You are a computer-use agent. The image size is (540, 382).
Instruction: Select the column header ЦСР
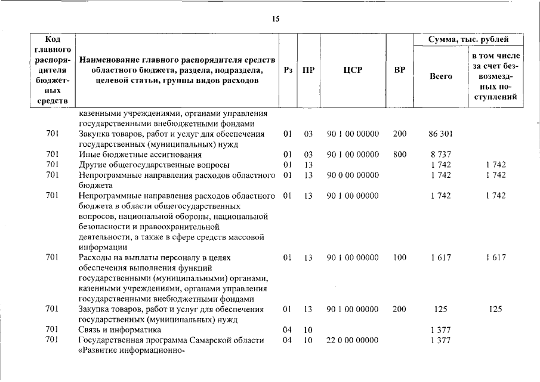coord(353,69)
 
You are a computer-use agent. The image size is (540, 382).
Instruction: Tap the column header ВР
coord(400,69)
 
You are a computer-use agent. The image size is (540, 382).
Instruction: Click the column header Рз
coord(288,69)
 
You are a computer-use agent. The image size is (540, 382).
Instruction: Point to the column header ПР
coord(308,69)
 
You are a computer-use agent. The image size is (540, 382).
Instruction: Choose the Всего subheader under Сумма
coord(441,76)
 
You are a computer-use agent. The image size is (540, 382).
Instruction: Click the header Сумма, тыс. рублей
coord(469,39)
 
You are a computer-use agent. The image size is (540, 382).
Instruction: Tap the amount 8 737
coord(441,154)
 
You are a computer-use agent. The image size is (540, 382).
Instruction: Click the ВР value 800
coord(400,154)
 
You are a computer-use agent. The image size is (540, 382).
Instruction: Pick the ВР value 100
coord(400,257)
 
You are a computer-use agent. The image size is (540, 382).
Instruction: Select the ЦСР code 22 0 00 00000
coord(353,340)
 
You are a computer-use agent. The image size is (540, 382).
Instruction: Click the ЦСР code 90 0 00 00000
coord(353,175)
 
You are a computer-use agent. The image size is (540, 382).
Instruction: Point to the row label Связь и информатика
coord(120,329)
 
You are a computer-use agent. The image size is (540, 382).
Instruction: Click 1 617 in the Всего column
coord(441,257)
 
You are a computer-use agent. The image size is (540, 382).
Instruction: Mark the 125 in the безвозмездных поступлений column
coord(495,309)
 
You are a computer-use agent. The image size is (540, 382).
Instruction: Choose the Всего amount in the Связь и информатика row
coord(441,329)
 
